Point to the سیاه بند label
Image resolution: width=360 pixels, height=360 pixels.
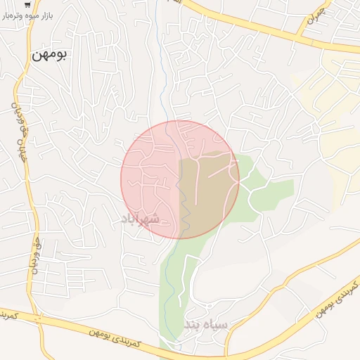[207, 325]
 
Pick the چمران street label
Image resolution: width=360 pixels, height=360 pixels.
[320, 13]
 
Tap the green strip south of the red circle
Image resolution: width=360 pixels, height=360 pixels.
[172, 281]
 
